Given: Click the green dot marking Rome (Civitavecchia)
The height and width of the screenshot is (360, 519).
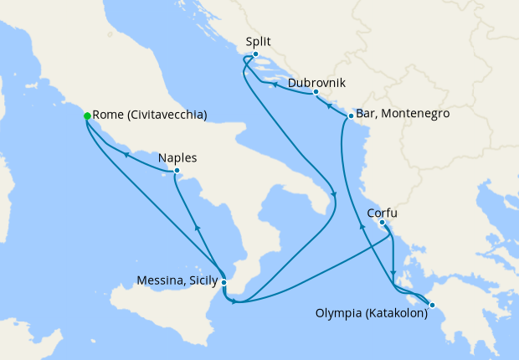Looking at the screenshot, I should coord(87,116).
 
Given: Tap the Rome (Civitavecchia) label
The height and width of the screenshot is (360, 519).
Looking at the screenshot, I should coord(150,116).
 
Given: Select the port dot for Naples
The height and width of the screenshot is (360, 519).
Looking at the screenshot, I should coord(176,171).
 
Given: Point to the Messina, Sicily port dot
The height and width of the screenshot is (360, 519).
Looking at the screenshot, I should coord(224,282).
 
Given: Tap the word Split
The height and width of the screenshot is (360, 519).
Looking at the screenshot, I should coord(259,41).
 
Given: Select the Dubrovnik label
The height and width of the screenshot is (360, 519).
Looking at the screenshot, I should coord(316,83).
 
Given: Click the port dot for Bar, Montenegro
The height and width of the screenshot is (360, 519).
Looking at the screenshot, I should coord(349,115).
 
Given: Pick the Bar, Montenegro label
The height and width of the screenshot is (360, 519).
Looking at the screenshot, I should coord(403,114).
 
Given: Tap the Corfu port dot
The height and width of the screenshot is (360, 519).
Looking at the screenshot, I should coord(382,223).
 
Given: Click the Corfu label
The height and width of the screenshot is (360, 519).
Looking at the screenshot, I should coord(382,213).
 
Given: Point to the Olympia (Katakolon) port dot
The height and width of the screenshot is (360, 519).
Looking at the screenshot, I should coord(432,305).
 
